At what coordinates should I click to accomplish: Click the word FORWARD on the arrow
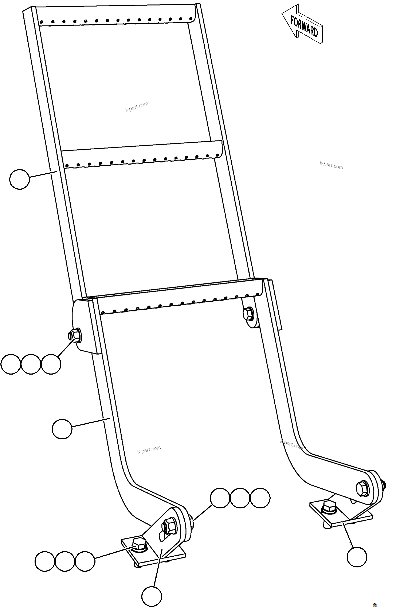click(304, 26)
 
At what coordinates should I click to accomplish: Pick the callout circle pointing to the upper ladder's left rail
click(19, 179)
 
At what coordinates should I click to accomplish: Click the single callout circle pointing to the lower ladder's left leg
click(62, 429)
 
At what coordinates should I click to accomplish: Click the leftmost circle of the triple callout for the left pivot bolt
click(11, 364)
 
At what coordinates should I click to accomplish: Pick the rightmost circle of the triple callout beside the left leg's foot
click(260, 498)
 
